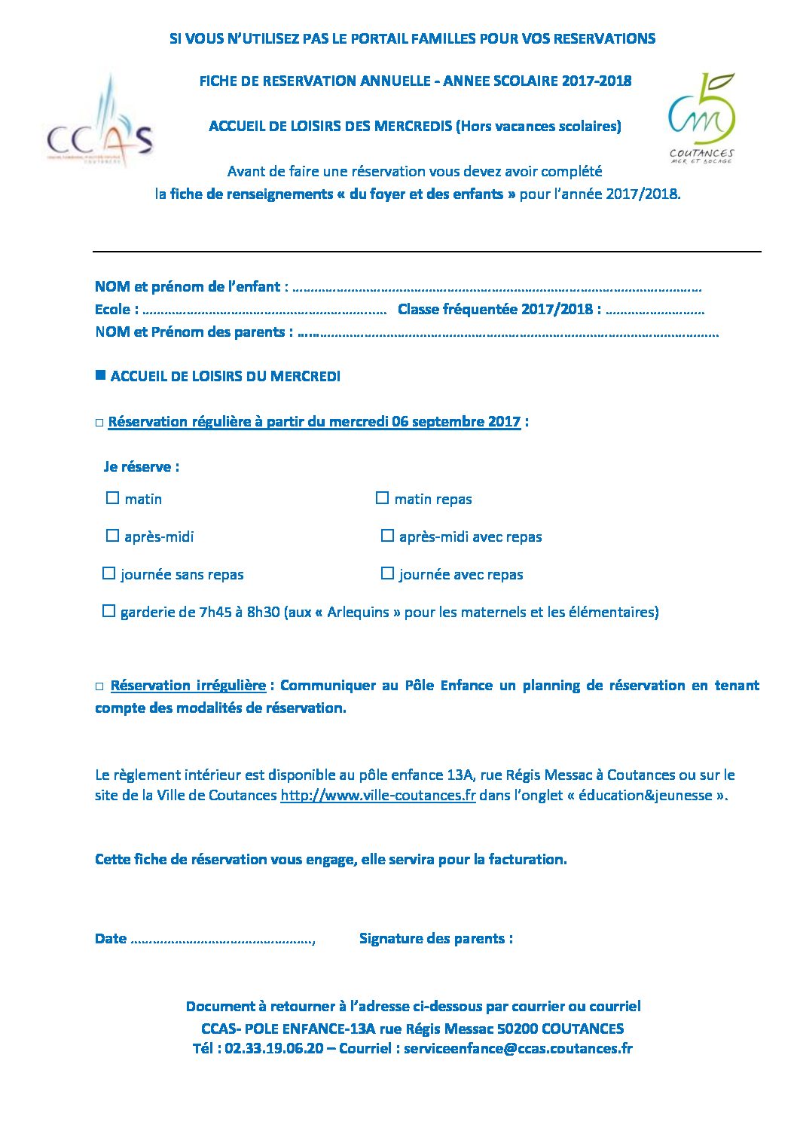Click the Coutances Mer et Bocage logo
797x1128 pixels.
click(701, 118)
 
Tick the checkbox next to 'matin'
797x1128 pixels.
click(113, 498)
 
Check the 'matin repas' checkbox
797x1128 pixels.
click(382, 498)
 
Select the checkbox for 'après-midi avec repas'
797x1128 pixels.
click(387, 536)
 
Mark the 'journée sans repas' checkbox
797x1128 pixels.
click(108, 573)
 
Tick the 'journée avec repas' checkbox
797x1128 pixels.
click(387, 573)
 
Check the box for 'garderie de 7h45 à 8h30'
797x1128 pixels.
click(108, 611)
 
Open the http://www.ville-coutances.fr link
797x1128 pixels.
click(377, 795)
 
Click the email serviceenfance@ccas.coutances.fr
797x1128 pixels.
click(518, 1048)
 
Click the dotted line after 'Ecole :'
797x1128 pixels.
click(264, 310)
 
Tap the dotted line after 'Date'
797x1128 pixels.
click(222, 940)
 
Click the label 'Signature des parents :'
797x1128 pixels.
click(435, 938)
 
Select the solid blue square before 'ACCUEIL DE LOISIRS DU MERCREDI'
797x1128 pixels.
click(100, 375)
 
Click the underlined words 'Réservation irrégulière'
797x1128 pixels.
click(188, 685)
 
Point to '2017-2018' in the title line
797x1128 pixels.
click(596, 81)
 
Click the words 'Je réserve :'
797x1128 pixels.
click(142, 466)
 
